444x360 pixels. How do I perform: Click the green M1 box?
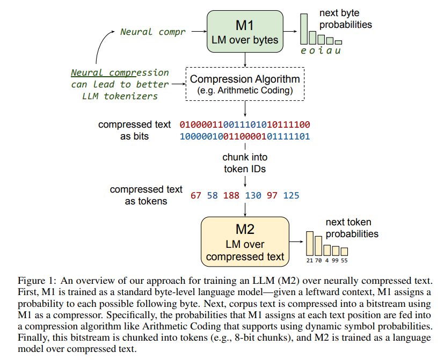tap(245, 32)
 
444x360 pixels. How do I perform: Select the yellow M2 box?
tap(245, 241)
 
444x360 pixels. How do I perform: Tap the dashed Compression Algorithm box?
tap(245, 84)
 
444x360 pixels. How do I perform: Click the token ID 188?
tap(231, 196)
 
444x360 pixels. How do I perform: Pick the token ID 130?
tap(253, 196)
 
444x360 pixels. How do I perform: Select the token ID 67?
tap(196, 196)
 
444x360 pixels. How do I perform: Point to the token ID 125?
tap(292, 196)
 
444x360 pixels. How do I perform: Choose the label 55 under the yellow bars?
tap(344, 260)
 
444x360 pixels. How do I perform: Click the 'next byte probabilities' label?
tap(345, 19)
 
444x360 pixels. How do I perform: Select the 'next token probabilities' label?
tap(352, 228)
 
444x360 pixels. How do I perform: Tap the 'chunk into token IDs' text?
tap(245, 163)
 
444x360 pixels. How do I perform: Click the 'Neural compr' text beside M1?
tap(152, 32)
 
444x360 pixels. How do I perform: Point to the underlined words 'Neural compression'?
tap(120, 72)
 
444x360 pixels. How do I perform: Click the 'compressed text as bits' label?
tap(135, 130)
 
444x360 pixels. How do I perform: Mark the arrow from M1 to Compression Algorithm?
tap(245, 60)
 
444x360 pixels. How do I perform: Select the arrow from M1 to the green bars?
tap(290, 31)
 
